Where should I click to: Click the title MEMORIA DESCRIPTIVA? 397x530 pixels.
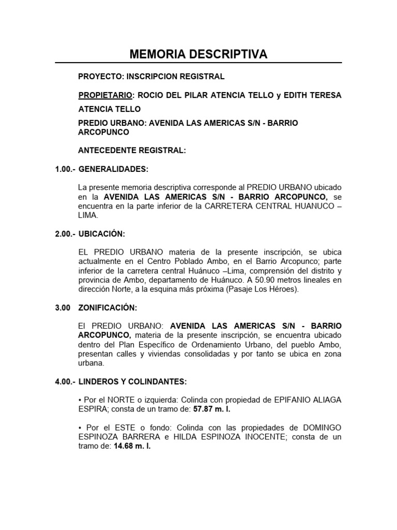pyautogui.click(x=198, y=54)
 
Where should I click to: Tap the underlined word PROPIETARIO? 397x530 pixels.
pyautogui.click(x=105, y=96)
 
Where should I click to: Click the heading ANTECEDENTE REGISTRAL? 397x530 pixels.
pyautogui.click(x=131, y=151)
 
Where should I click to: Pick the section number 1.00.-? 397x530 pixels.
pyautogui.click(x=65, y=169)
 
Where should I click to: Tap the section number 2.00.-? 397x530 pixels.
pyautogui.click(x=65, y=234)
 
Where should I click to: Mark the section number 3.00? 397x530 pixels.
pyautogui.click(x=63, y=308)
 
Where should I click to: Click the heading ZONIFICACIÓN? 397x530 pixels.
pyautogui.click(x=108, y=308)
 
